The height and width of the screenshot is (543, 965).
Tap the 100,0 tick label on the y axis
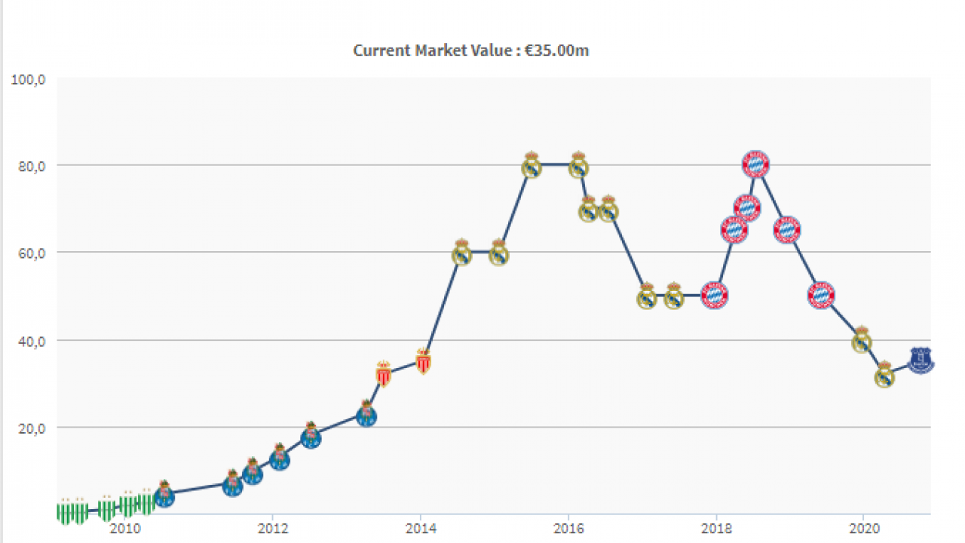pos(29,78)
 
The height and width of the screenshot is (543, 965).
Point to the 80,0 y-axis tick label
pos(30,165)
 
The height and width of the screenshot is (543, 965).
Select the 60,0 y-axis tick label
pos(30,253)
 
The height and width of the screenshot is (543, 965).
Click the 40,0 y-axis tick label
pos(30,340)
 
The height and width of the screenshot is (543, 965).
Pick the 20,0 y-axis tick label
pos(30,428)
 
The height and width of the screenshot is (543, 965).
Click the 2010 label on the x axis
pos(124,527)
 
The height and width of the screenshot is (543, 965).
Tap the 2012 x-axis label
pos(273,527)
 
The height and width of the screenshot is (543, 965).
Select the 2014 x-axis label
pos(421,527)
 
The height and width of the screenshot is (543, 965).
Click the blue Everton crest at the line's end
pos(921,360)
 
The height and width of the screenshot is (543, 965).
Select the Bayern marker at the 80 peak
pos(755,164)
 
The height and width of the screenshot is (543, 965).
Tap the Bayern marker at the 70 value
pos(747,207)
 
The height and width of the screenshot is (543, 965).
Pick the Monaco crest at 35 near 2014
pos(423,363)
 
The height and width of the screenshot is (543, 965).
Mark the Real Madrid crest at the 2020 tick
pos(862,340)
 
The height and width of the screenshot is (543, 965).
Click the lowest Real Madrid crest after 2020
pos(884,375)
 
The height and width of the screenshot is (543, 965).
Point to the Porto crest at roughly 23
pos(366,414)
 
